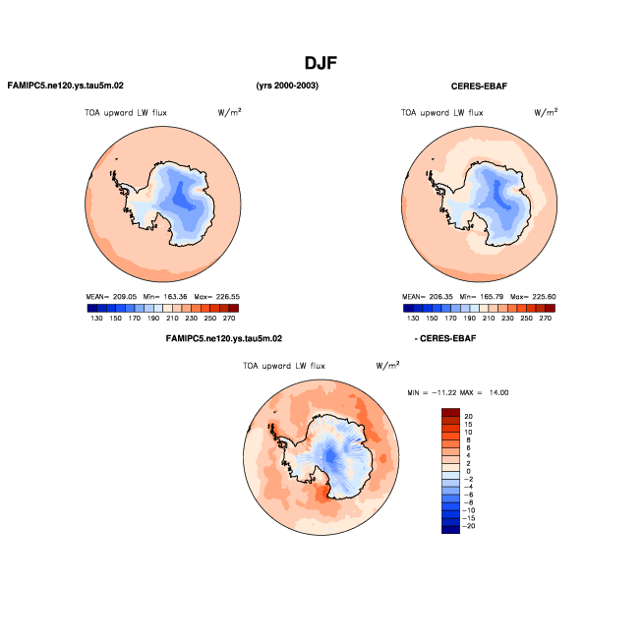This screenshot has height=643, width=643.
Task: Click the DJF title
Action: pos(321,64)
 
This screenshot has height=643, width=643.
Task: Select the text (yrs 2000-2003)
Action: pos(287,86)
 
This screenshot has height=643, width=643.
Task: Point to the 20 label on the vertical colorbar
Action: pos(468,416)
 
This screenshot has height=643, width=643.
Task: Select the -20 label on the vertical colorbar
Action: pos(470,526)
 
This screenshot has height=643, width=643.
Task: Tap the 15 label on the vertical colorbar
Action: pos(468,425)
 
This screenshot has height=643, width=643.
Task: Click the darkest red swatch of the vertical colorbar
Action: pos(450,411)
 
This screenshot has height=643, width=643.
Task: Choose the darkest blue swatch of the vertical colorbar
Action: pos(450,530)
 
